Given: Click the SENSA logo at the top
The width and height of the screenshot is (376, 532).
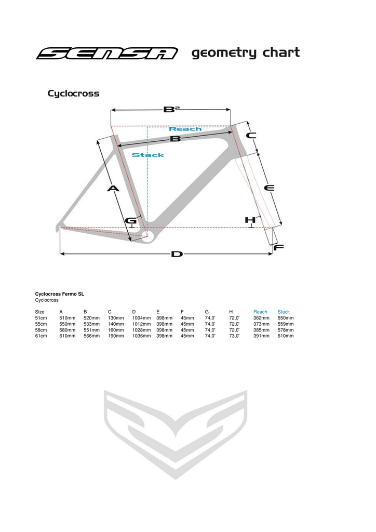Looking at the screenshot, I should click(x=106, y=54).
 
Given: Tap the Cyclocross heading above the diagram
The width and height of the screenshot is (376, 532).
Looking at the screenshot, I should click(x=73, y=94).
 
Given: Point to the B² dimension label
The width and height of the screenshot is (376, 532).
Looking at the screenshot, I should click(x=171, y=110).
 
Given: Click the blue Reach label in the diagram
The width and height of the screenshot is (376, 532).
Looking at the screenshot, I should click(x=185, y=128).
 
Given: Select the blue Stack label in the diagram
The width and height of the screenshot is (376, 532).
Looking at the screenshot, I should click(x=147, y=155).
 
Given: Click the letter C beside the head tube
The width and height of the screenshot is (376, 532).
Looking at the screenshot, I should click(x=251, y=136).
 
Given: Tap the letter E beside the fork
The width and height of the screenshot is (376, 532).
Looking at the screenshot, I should click(x=269, y=188).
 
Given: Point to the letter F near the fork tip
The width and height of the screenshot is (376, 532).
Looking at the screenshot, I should click(x=278, y=247).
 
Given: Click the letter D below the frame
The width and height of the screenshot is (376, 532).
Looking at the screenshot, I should click(x=177, y=254).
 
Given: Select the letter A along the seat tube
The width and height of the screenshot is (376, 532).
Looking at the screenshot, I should click(x=113, y=189).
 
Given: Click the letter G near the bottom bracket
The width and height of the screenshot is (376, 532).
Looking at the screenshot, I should click(x=131, y=221).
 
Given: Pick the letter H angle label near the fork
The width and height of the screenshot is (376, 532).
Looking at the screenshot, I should click(x=250, y=220).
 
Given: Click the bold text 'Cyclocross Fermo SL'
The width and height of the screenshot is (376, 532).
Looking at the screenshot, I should click(x=60, y=294).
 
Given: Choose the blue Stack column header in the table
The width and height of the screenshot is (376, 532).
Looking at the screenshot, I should click(x=284, y=312).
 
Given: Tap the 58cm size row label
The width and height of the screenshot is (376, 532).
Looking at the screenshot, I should click(x=41, y=330).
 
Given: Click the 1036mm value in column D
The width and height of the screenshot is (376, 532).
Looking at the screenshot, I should click(x=141, y=336).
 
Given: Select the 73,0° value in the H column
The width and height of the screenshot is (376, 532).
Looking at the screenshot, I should click(x=234, y=336).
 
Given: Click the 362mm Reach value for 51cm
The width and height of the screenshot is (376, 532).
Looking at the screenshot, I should click(x=261, y=318).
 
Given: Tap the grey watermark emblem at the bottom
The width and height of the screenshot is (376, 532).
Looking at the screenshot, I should click(x=175, y=434).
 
